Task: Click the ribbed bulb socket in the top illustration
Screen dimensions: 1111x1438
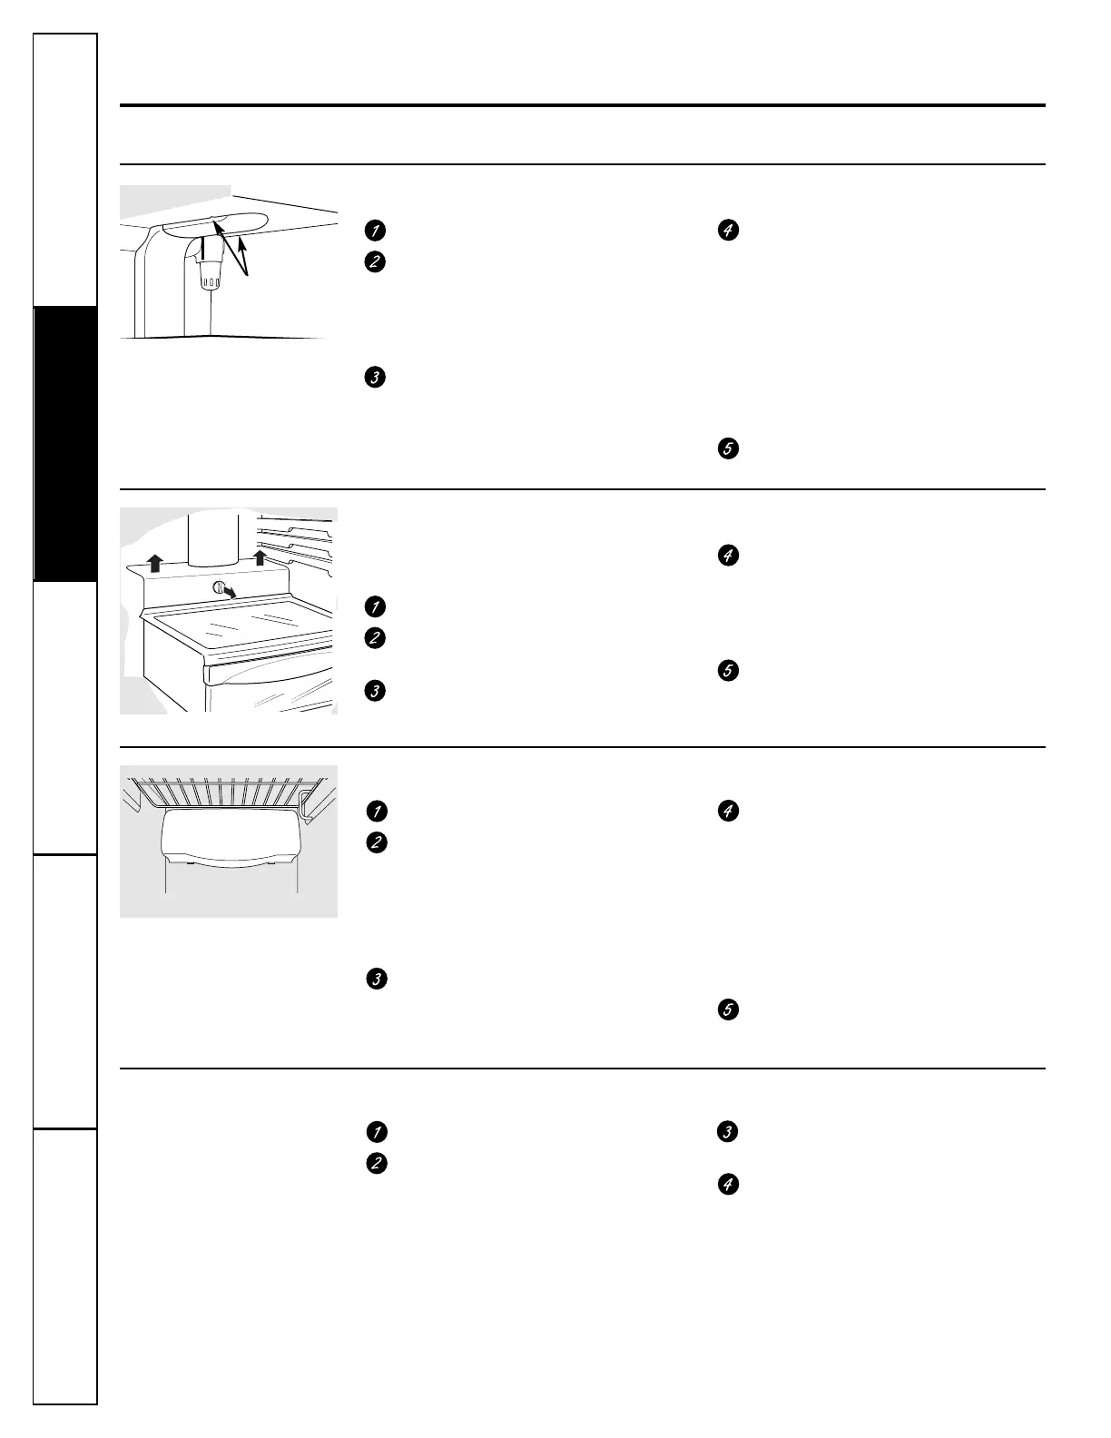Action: pyautogui.click(x=210, y=272)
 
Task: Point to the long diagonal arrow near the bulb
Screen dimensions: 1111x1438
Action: pyautogui.click(x=231, y=244)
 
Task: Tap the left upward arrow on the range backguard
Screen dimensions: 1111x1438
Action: pyautogui.click(x=155, y=564)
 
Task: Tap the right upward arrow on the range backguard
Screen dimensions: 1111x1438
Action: pyautogui.click(x=260, y=556)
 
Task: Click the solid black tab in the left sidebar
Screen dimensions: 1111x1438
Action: pyautogui.click(x=65, y=444)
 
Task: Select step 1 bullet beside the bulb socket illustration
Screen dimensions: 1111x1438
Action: pyautogui.click(x=374, y=231)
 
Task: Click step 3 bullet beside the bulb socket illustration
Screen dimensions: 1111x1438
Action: pyautogui.click(x=374, y=377)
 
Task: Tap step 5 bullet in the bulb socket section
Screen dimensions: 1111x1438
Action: pyautogui.click(x=727, y=448)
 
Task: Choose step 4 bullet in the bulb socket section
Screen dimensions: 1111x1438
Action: pyautogui.click(x=727, y=231)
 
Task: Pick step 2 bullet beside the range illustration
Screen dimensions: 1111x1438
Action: pyautogui.click(x=374, y=638)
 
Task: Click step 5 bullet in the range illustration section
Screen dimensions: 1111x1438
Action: pyautogui.click(x=727, y=671)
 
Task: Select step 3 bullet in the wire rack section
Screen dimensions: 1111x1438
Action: pyautogui.click(x=375, y=979)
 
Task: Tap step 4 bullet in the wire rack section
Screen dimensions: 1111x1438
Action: pyautogui.click(x=727, y=811)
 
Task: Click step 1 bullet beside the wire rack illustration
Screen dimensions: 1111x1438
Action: pyautogui.click(x=375, y=811)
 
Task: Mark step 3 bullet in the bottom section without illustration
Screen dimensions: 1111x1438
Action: pyautogui.click(x=727, y=1132)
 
